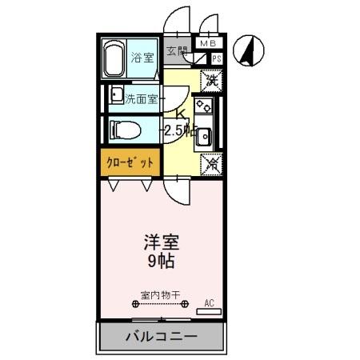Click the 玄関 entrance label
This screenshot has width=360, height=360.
pos(176,50)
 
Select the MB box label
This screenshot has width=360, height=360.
pos(208,43)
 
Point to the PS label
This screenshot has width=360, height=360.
pos(215,58)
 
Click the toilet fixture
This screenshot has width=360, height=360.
pos(122,128)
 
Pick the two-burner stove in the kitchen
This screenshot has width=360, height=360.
pos(203,106)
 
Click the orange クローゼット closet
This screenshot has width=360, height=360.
pos(130,160)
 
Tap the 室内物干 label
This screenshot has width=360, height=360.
pos(159,293)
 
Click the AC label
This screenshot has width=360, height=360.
pos(210,302)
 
